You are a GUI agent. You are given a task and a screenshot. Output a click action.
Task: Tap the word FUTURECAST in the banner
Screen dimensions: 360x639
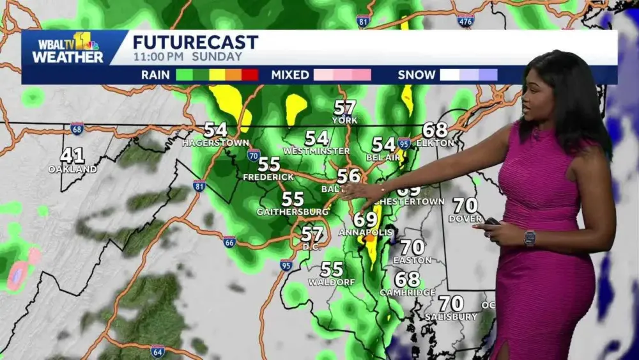195,43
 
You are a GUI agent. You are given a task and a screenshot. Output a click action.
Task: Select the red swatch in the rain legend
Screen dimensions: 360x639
250,75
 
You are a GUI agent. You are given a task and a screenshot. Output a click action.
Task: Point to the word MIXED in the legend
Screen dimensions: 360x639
290,75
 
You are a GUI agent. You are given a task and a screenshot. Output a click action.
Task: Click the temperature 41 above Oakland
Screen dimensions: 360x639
72,155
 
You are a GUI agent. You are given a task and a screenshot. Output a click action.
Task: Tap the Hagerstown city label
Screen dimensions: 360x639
215,143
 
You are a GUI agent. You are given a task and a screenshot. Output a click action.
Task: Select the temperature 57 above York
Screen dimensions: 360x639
345,107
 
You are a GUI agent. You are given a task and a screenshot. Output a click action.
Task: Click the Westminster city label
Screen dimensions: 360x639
316,151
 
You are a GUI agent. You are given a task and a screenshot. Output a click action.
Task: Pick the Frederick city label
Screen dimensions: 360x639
268,176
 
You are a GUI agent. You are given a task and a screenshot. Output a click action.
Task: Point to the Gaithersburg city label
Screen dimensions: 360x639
292,212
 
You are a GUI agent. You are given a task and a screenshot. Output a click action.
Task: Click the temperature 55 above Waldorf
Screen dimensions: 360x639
332,269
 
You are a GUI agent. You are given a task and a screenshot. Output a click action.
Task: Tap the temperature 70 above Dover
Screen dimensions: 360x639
465,205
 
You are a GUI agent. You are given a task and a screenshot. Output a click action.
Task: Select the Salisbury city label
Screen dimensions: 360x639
450,317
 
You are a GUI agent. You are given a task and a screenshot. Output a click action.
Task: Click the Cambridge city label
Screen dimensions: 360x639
407,292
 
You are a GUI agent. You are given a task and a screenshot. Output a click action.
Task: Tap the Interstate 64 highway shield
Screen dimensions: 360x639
157,350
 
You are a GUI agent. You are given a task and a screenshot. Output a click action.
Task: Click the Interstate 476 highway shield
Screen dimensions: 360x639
466,20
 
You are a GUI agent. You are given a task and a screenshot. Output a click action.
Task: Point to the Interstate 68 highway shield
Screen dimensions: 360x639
77,129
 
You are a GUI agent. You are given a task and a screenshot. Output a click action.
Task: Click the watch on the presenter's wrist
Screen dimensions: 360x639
529,238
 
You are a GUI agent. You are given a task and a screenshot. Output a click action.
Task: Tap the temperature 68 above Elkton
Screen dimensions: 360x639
435,130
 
